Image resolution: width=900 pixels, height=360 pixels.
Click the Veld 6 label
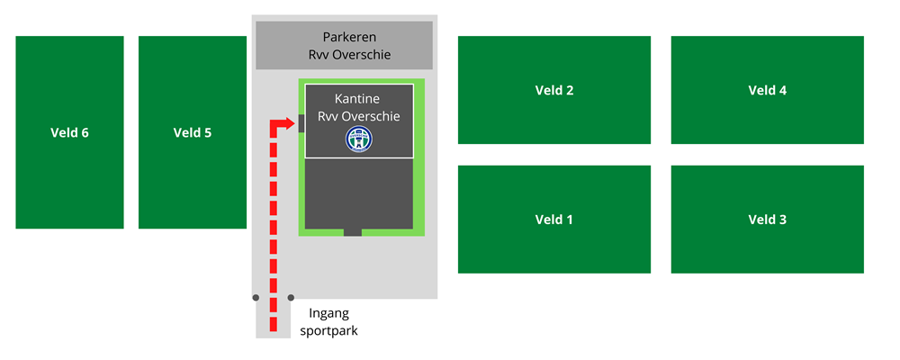coord(69,133)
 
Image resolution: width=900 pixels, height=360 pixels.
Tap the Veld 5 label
coord(193,133)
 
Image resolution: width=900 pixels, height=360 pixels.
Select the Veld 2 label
coord(554,90)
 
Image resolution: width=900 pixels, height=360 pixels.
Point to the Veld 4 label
coord(768,90)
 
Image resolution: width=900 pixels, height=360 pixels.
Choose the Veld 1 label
coord(554,220)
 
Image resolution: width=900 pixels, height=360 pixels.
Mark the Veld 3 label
coord(768,220)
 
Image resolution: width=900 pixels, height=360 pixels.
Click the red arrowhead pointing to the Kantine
coord(290,123)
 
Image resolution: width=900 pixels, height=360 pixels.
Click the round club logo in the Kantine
coord(359,139)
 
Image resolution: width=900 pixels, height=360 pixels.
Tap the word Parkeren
coord(349,37)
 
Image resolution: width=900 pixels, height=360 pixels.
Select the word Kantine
coord(359,98)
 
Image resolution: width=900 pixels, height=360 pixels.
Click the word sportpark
coord(334,330)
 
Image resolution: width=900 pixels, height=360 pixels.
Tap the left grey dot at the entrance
coord(256,297)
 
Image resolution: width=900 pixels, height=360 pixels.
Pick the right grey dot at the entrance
coord(291,297)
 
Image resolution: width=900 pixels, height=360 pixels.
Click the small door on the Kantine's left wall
coord(302,123)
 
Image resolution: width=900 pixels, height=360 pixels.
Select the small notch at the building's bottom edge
coord(353,232)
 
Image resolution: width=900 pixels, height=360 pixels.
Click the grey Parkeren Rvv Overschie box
coord(344,45)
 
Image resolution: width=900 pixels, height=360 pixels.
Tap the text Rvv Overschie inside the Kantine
coord(359,117)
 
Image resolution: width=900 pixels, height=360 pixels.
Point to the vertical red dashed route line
coord(273,225)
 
